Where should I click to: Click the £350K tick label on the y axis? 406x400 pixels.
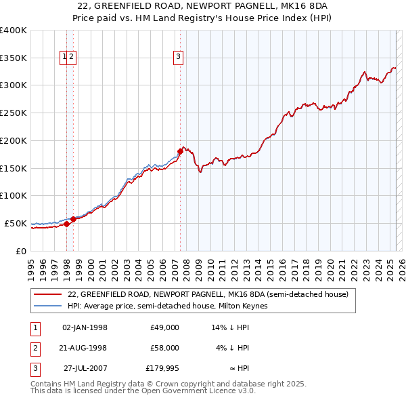[x=14, y=58]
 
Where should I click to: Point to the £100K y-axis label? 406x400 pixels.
[x=14, y=195]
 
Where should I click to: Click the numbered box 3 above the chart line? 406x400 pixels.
[x=178, y=58]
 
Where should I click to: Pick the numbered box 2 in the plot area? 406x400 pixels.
[x=71, y=58]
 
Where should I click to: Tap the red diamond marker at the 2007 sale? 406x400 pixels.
[x=181, y=151]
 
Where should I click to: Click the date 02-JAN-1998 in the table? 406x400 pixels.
[x=85, y=327]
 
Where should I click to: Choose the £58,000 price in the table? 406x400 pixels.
[x=164, y=348]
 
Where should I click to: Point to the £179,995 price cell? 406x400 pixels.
[x=162, y=369]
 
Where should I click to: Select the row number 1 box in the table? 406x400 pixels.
[x=33, y=327]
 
